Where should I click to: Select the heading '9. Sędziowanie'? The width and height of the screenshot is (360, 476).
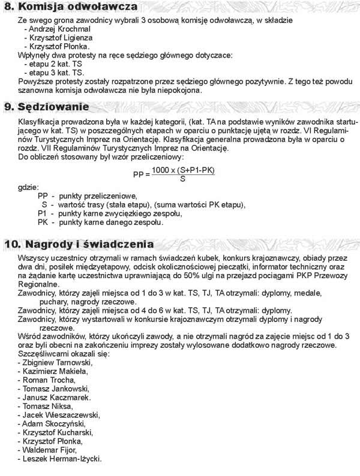click(55, 107)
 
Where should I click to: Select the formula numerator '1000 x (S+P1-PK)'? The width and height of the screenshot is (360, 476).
click(182, 170)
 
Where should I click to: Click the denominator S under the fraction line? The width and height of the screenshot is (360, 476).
click(182, 179)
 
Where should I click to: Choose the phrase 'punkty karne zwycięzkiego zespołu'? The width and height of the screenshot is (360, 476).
click(121, 213)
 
